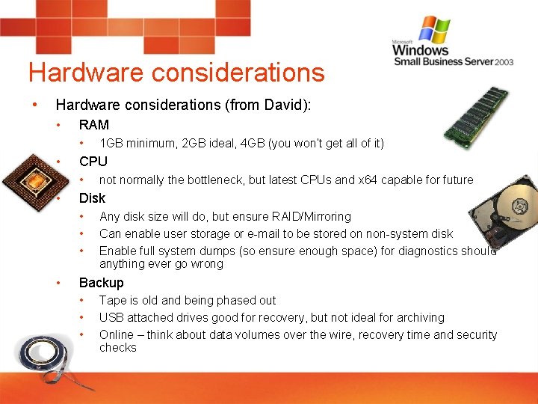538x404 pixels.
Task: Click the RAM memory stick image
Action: [x=474, y=115]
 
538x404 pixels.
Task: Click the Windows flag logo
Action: [x=434, y=30]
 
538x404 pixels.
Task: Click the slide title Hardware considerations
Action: [x=176, y=73]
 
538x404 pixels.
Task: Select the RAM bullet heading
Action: [x=94, y=125]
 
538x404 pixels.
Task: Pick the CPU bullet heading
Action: [x=93, y=162]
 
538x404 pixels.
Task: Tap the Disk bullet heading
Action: [x=92, y=198]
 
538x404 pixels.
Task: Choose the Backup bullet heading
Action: [x=101, y=283]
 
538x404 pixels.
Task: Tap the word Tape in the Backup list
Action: [x=112, y=300]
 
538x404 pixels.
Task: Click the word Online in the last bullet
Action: [x=117, y=334]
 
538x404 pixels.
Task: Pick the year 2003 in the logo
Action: [x=504, y=62]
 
